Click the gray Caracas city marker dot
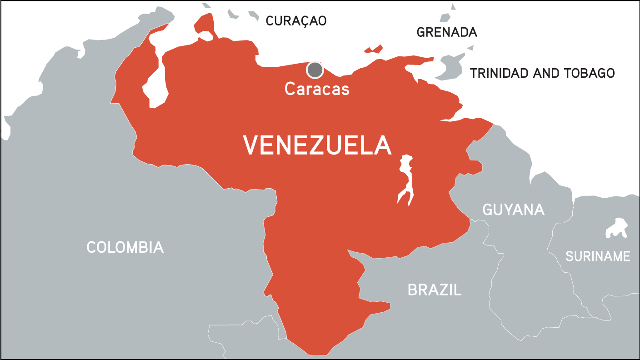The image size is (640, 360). pyautogui.click(x=315, y=70)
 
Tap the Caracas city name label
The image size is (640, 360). pyautogui.click(x=317, y=89)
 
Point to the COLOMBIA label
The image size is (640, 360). pyautogui.click(x=125, y=247)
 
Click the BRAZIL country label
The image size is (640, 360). pyautogui.click(x=435, y=290)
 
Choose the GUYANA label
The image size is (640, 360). pyautogui.click(x=513, y=210)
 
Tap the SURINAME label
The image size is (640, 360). pyautogui.click(x=598, y=256)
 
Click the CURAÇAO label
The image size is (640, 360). pyautogui.click(x=296, y=21)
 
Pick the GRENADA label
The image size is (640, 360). pyautogui.click(x=447, y=32)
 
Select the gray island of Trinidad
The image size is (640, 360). pyautogui.click(x=450, y=68)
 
